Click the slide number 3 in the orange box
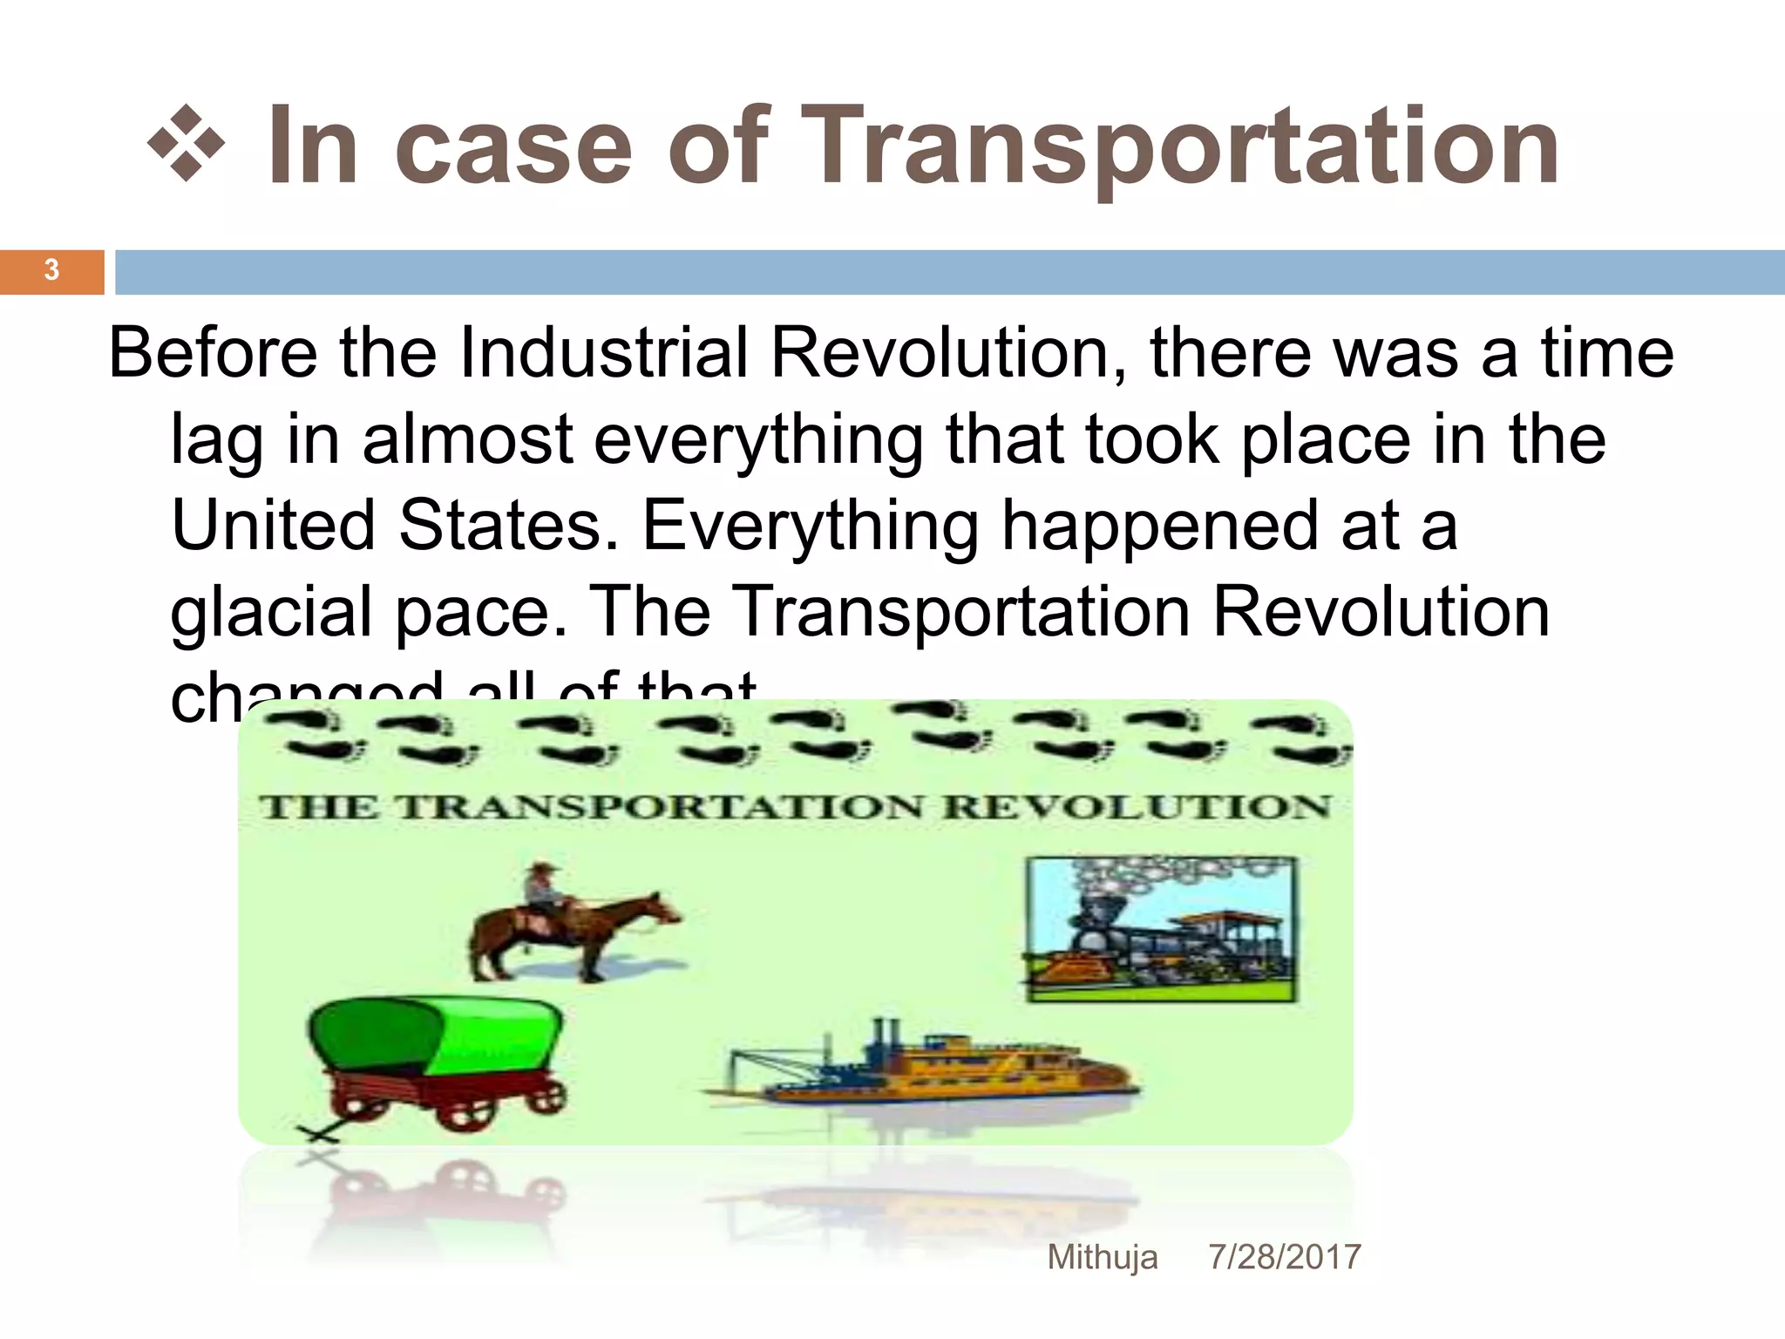(51, 270)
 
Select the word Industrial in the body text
(603, 353)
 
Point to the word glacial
(271, 612)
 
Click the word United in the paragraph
(273, 526)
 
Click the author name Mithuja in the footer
(1103, 1257)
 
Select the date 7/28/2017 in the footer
(1284, 1257)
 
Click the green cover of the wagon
(436, 1037)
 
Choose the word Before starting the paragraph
(213, 353)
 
